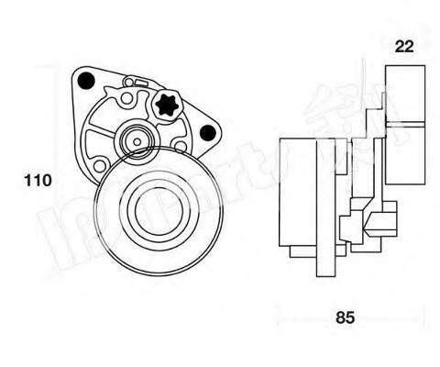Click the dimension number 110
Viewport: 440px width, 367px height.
(37, 181)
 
